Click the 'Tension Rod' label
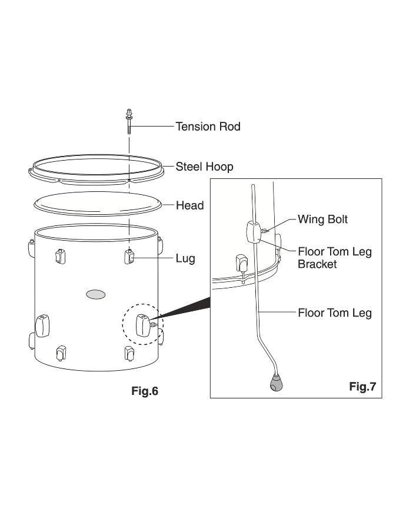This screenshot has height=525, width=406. click(208, 127)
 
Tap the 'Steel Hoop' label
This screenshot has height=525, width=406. click(204, 167)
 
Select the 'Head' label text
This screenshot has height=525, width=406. click(189, 205)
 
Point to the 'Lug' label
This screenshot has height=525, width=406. click(185, 258)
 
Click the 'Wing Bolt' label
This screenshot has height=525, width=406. click(322, 220)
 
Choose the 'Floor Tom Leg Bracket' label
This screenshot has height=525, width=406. click(334, 258)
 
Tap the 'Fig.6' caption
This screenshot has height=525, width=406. click(144, 391)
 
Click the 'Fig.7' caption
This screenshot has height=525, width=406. click(362, 386)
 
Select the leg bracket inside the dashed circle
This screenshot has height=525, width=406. click(142, 325)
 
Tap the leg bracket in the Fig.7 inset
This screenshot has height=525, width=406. click(252, 231)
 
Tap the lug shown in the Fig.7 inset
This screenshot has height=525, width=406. click(241, 261)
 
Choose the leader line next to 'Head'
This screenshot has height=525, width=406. click(168, 205)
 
